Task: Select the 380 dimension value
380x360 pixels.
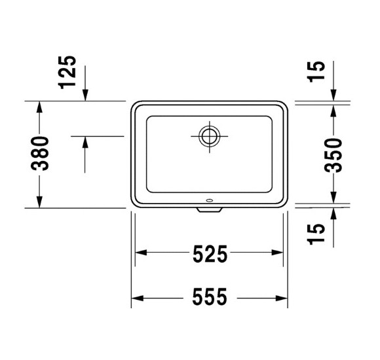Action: pos(41,154)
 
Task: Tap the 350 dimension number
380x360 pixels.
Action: pos(333,154)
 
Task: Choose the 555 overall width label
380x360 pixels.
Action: pos(209,298)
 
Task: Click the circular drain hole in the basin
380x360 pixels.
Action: pos(210,136)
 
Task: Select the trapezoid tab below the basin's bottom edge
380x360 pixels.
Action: pos(210,210)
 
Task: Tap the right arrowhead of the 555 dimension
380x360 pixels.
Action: pos(282,298)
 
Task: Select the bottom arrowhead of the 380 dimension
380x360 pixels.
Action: pos(41,202)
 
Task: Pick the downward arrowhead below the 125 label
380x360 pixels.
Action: pos(85,96)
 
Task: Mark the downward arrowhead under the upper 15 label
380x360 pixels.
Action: pos(333,96)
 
